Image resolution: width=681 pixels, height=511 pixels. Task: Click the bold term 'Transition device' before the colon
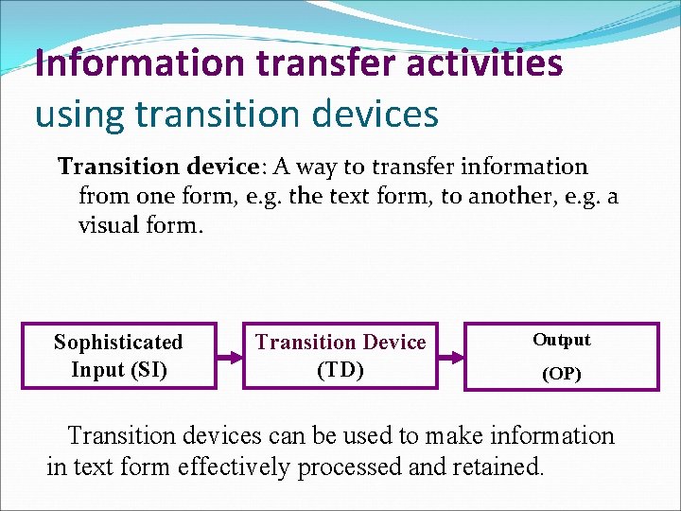tap(158, 167)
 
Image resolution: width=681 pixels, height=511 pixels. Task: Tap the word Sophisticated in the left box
tap(118, 342)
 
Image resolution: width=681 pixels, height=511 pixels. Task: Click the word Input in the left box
tap(96, 369)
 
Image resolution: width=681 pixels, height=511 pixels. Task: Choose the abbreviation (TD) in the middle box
tap(340, 369)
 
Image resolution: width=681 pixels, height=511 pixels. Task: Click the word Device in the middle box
tap(388, 342)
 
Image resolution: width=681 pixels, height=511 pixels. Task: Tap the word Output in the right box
tap(561, 340)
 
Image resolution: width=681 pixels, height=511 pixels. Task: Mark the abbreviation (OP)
tap(561, 374)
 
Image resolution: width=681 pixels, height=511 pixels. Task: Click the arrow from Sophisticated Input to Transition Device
tap(229, 357)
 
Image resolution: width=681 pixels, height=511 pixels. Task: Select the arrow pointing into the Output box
tap(451, 357)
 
